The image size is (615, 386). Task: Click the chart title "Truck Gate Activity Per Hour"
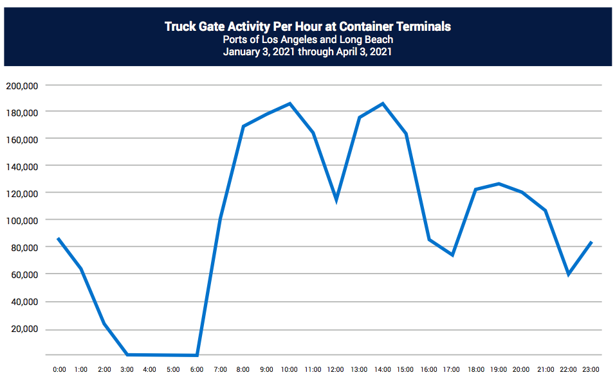point(307,26)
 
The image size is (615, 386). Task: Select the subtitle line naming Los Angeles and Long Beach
point(307,40)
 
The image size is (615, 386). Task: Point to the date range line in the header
point(307,52)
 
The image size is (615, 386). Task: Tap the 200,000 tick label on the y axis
point(23,85)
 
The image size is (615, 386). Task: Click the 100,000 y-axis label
point(23,220)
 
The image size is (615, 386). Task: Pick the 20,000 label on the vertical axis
point(25,329)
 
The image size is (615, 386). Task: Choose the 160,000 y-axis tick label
point(23,139)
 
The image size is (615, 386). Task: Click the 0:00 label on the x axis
point(59,370)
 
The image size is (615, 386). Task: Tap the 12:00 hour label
point(336,370)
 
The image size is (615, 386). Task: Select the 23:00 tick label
point(591,370)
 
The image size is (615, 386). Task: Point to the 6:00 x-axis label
point(197,370)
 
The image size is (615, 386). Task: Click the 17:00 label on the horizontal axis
point(452,370)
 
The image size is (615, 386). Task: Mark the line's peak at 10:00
point(290,103)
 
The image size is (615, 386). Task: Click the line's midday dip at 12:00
point(336,200)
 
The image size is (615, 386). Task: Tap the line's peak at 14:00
point(383,103)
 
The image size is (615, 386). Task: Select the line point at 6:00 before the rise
point(197,355)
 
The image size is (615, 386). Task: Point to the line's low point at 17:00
point(452,255)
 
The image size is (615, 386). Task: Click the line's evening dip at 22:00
point(568,274)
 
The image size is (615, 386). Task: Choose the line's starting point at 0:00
point(59,239)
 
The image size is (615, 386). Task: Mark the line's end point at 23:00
point(591,242)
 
